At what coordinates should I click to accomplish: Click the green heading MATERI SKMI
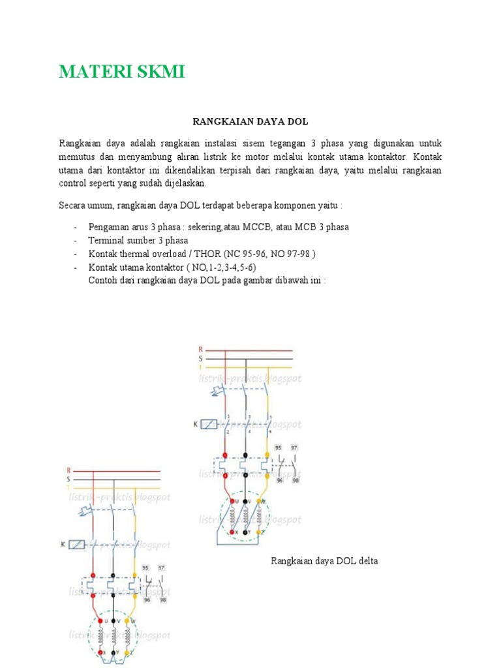click(122, 72)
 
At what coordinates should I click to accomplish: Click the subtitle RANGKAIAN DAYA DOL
click(250, 122)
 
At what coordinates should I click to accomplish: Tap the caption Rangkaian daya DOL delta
click(324, 561)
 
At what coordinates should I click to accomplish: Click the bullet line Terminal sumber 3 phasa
click(129, 240)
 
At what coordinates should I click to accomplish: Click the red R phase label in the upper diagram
click(201, 350)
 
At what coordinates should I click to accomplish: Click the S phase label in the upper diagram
click(201, 359)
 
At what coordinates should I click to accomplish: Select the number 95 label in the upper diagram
click(278, 448)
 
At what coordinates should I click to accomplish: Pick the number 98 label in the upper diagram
click(296, 481)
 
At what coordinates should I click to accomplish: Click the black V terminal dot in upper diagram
click(245, 501)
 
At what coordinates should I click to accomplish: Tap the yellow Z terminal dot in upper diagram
click(259, 532)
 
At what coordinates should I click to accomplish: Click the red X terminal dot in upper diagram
click(226, 532)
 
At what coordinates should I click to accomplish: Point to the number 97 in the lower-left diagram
click(162, 569)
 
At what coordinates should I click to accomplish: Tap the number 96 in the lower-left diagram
click(147, 600)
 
